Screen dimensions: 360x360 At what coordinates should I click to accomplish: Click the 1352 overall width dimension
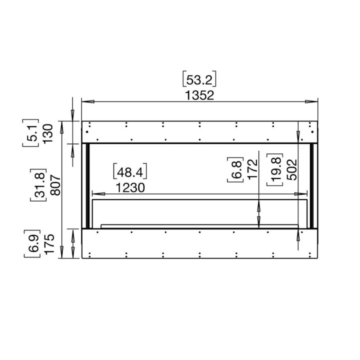[200, 95]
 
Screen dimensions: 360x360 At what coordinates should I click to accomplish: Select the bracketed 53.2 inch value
[200, 79]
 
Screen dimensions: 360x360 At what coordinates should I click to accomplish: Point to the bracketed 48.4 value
[131, 172]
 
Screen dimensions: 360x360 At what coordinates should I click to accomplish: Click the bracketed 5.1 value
[31, 132]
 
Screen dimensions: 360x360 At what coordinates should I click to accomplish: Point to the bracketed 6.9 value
[31, 243]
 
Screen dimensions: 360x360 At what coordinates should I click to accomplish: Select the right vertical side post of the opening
[312, 185]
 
